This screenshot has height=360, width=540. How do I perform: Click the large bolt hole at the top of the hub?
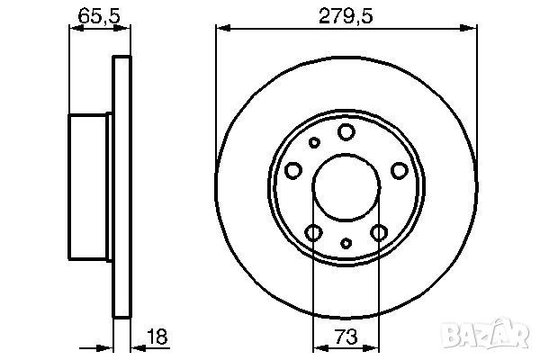click(x=346, y=132)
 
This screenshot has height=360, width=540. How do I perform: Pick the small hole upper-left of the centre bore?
click(x=314, y=142)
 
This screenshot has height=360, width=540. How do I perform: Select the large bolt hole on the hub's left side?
click(x=292, y=171)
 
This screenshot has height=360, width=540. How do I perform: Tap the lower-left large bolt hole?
click(x=313, y=233)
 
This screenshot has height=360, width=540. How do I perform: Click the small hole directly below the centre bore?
click(x=346, y=243)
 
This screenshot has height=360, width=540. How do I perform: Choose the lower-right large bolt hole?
click(x=379, y=233)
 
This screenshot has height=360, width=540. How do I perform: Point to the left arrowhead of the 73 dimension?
click(x=317, y=346)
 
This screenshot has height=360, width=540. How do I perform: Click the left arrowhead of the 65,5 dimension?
click(x=75, y=27)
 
